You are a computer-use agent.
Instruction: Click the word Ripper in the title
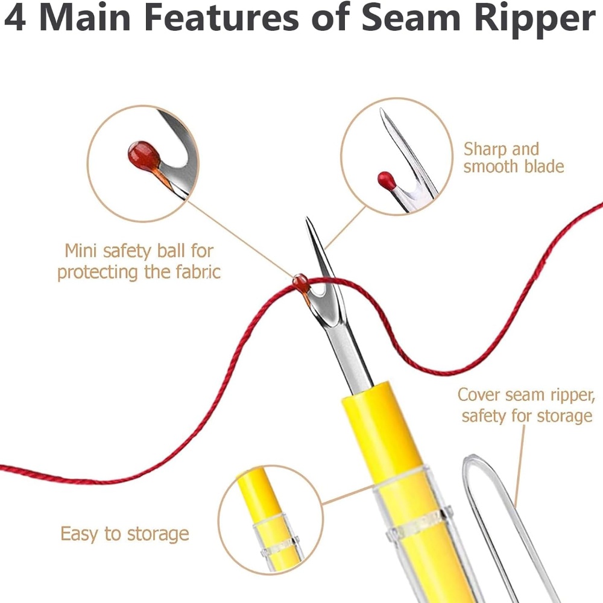pyautogui.click(x=535, y=20)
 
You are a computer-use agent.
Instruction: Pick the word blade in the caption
pyautogui.click(x=544, y=166)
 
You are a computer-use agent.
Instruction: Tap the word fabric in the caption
pyautogui.click(x=198, y=272)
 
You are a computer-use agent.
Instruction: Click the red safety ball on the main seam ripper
pyautogui.click(x=300, y=282)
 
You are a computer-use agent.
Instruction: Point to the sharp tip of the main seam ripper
pyautogui.click(x=307, y=218)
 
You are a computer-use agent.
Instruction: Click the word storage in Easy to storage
pyautogui.click(x=157, y=534)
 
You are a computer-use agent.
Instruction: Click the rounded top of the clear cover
pyautogui.click(x=474, y=458)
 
